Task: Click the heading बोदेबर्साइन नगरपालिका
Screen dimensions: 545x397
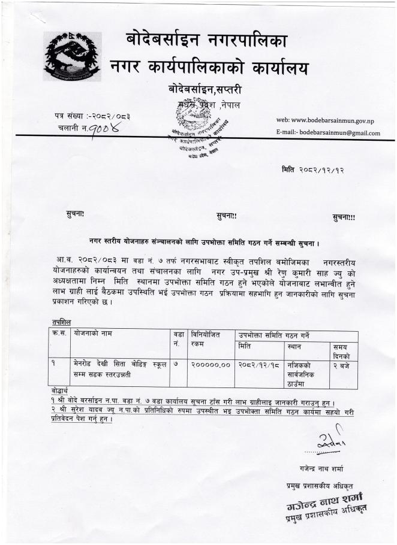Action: pyautogui.click(x=207, y=41)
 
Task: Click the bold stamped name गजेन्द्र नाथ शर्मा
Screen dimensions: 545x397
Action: pyautogui.click(x=326, y=496)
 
